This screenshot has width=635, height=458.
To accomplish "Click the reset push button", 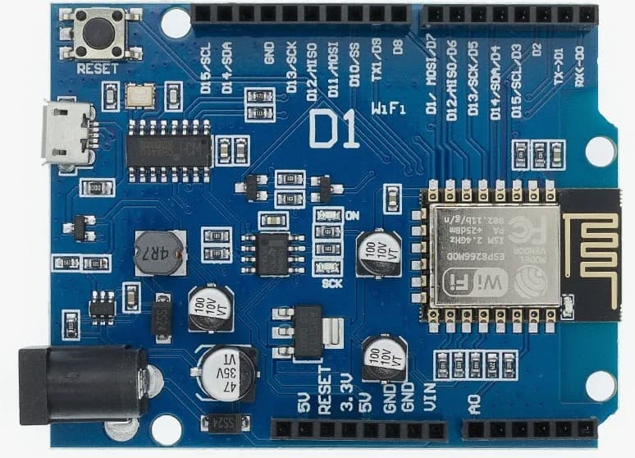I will tap(99, 34).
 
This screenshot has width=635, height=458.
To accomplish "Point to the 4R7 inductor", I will tap(159, 253).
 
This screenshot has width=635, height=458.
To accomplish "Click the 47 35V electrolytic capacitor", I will tap(224, 373).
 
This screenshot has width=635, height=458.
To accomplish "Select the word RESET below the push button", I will tap(97, 70).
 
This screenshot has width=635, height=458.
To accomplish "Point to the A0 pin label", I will tap(474, 403).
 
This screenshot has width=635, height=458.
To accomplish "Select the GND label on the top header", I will tap(269, 54).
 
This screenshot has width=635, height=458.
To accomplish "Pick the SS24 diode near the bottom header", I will tap(215, 424).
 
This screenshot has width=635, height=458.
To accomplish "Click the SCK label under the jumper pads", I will tap(331, 284).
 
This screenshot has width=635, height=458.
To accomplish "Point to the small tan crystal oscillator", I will tap(140, 96).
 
